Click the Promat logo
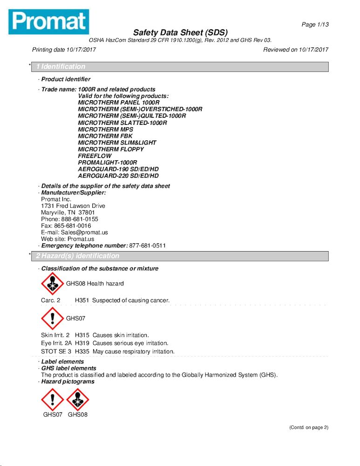(x=48, y=21)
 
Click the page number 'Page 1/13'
(x=315, y=25)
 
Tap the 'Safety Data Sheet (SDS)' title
(x=180, y=33)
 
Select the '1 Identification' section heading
(x=61, y=67)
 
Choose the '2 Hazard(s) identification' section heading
(x=77, y=256)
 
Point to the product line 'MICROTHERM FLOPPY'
(x=111, y=149)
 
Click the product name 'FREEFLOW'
(x=95, y=156)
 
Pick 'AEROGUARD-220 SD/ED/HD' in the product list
(x=118, y=176)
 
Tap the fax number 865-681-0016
(x=73, y=226)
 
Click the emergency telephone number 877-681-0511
(x=148, y=246)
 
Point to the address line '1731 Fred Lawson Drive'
(x=73, y=206)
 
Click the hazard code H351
(x=82, y=301)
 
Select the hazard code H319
(x=82, y=343)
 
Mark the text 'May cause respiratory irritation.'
(x=134, y=351)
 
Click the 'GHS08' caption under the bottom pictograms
(x=77, y=414)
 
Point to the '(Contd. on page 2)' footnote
(x=309, y=427)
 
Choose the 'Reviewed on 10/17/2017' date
(x=296, y=50)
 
